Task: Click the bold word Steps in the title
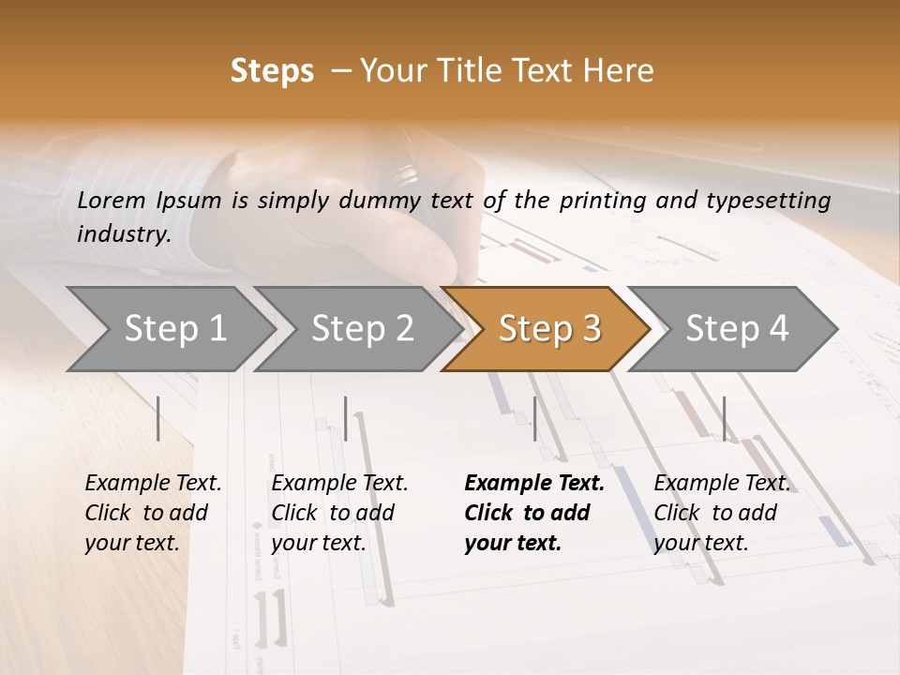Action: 272,71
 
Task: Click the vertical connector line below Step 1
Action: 158,418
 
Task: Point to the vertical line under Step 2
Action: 346,418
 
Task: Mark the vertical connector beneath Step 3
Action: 534,418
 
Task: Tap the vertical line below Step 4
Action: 724,418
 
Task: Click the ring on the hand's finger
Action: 406,174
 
